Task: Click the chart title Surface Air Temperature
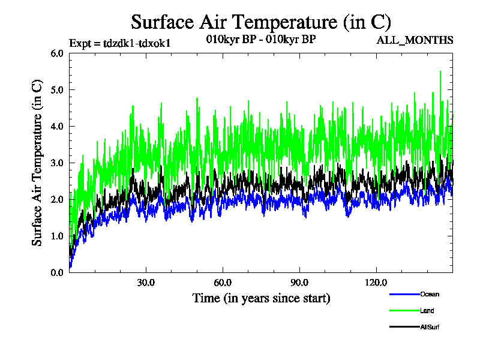[261, 22]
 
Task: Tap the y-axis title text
[37, 163]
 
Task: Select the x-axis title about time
[261, 298]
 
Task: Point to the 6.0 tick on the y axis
[58, 53]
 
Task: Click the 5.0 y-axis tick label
[58, 89]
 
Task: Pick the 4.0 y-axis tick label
[58, 126]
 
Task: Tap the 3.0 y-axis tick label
[58, 163]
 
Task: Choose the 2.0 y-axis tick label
[58, 199]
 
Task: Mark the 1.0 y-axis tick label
[58, 236]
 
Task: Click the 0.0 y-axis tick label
[58, 272]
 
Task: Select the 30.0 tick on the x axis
[146, 283]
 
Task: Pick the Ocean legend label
[430, 295]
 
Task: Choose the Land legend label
[427, 311]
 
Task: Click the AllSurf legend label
[431, 327]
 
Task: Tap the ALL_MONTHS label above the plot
[415, 40]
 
